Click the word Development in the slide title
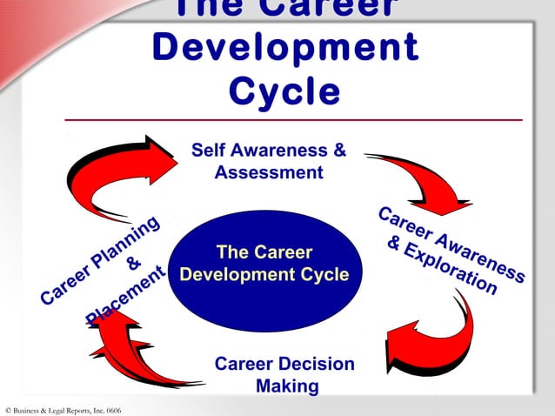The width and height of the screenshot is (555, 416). (x=284, y=50)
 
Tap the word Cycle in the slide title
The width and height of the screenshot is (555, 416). (x=284, y=91)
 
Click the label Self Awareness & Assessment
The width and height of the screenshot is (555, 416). (x=268, y=161)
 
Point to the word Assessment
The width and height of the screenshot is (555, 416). (x=268, y=172)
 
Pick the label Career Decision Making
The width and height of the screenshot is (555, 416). (x=284, y=374)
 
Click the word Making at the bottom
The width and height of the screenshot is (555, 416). (x=286, y=386)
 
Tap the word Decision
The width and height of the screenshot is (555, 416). (x=316, y=364)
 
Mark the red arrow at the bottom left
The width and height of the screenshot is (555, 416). (x=139, y=352)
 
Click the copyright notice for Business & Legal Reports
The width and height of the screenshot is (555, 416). (x=63, y=409)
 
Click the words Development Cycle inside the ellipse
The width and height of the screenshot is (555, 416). (x=264, y=275)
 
